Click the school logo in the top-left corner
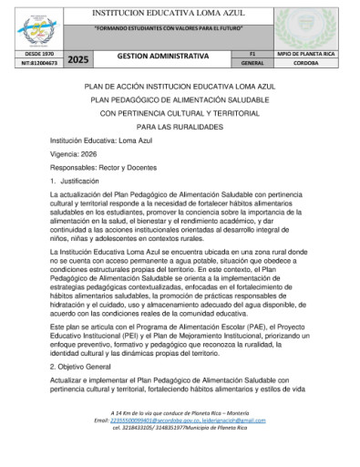(x=33, y=27)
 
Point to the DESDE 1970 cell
(x=33, y=55)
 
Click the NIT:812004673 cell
(x=33, y=64)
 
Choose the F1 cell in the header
(x=252, y=55)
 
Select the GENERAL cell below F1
(x=252, y=64)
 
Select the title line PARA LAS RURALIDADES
(x=180, y=127)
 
